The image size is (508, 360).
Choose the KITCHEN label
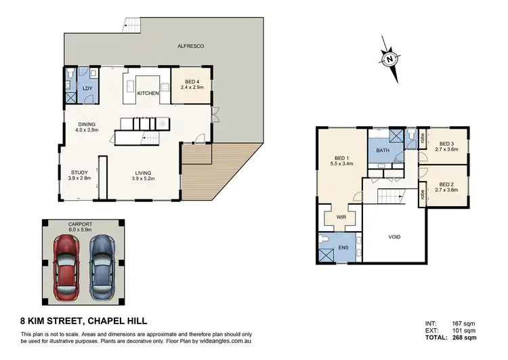coord(148,93)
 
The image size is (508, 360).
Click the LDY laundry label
coord(87,89)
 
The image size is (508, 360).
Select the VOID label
coord(395,238)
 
